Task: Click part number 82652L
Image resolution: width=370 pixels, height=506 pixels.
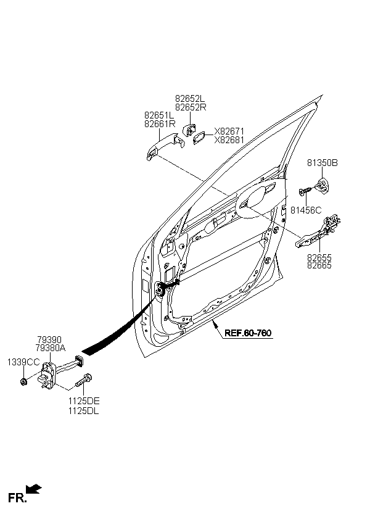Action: click(x=190, y=99)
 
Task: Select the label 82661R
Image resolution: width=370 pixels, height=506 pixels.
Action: click(x=160, y=123)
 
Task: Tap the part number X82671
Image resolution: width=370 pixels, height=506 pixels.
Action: click(x=229, y=131)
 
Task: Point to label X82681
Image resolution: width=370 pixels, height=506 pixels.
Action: click(x=229, y=140)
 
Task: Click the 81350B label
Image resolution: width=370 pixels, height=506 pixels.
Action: click(x=323, y=163)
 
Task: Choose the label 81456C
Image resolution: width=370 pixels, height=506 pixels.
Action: click(x=306, y=210)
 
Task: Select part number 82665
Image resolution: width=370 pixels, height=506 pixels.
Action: click(x=319, y=265)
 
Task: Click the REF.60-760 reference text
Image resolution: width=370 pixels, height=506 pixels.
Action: click(x=248, y=333)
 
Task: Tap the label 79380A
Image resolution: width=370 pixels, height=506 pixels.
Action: click(x=51, y=348)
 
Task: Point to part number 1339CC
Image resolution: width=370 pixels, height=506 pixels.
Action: click(x=23, y=362)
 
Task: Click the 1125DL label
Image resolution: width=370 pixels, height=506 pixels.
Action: click(x=83, y=411)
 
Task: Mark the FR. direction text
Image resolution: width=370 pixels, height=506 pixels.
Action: click(x=17, y=497)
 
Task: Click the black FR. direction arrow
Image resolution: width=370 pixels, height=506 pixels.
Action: click(x=34, y=489)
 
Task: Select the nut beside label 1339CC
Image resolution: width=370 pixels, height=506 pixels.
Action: click(x=23, y=382)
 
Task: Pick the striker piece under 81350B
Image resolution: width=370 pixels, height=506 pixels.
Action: click(x=322, y=185)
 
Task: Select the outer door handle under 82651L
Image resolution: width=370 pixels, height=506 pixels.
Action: click(x=165, y=145)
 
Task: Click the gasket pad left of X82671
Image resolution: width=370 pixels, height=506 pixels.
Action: click(x=200, y=138)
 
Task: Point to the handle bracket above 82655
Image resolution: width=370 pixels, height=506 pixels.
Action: click(x=318, y=232)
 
